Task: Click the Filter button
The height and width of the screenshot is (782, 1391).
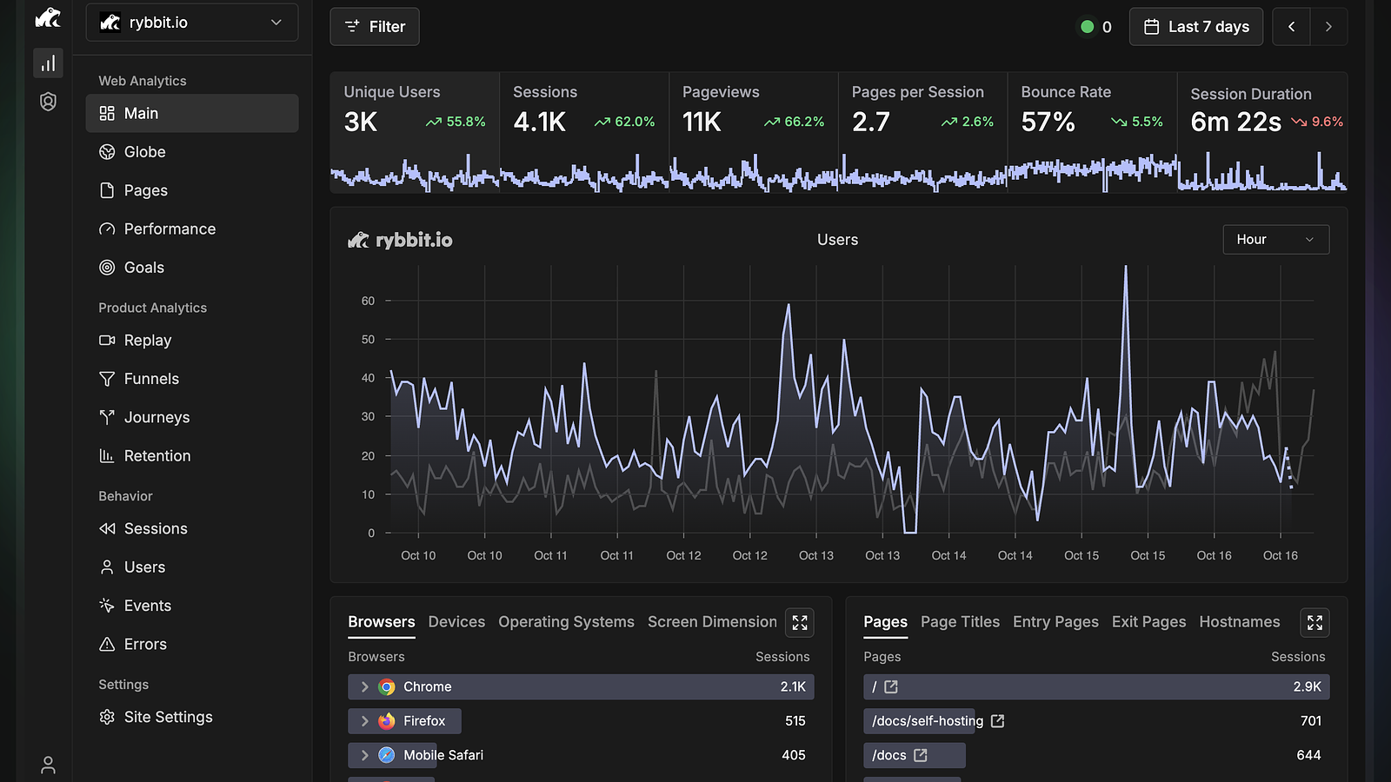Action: coord(375,27)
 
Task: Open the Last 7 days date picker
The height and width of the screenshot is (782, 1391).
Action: coord(1196,27)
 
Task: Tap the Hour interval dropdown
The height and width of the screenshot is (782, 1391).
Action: coord(1276,240)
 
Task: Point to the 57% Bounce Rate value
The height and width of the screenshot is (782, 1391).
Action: coord(1048,122)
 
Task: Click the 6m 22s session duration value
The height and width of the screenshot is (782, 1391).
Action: coord(1235,123)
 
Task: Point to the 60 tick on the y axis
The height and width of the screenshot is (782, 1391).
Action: coord(369,301)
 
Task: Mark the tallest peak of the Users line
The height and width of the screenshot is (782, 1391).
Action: coord(1125,267)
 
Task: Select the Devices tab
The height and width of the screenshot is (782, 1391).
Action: coord(456,622)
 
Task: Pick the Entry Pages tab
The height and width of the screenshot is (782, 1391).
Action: coord(1055,622)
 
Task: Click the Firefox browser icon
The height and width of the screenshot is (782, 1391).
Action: coord(386,721)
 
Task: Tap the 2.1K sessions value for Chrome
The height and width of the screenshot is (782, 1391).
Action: coord(793,687)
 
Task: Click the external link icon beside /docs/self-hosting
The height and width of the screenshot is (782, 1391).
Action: coord(997,721)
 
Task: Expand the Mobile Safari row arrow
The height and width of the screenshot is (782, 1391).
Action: coord(364,755)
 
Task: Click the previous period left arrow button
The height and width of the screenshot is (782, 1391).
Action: coord(1292,27)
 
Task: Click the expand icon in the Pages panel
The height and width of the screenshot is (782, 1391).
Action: coord(1314,622)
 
